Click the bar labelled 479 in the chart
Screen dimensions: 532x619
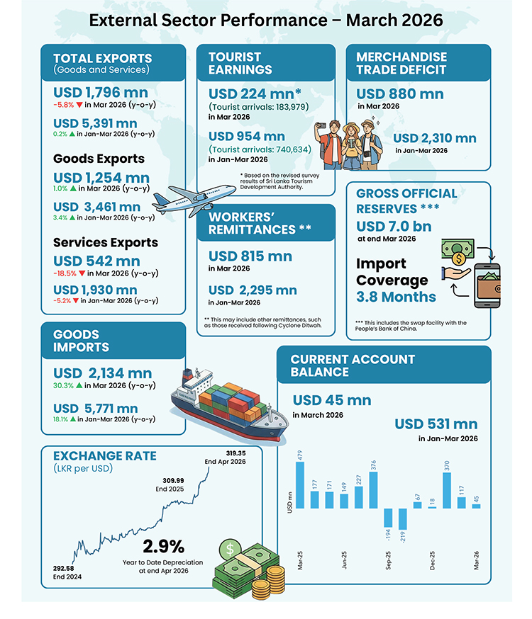(300, 484)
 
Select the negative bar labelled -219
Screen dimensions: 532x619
(403, 518)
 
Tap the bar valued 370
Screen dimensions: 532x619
(447, 490)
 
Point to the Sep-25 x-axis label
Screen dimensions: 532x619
(388, 560)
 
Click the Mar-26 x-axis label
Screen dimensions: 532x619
(476, 560)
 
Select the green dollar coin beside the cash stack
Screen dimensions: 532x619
(230, 550)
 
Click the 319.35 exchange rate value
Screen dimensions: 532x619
(235, 453)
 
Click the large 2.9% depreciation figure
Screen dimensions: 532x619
(164, 546)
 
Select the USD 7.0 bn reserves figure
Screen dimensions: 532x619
(394, 226)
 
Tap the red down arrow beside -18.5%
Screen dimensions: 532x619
(82, 273)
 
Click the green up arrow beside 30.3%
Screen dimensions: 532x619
(79, 385)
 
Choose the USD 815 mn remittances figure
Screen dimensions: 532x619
(250, 256)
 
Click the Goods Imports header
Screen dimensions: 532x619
(81, 341)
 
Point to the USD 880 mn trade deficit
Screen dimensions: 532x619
(399, 94)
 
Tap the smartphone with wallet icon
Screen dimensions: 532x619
(487, 285)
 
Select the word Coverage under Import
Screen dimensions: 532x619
(392, 280)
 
